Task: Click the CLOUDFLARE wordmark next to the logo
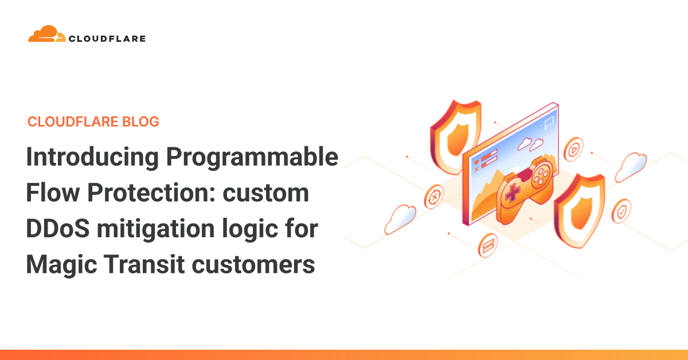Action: pos(107,39)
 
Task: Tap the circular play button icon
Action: pos(573,151)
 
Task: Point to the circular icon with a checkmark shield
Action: pos(621,211)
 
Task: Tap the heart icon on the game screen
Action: pos(476,163)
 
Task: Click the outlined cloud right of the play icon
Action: pos(631,166)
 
